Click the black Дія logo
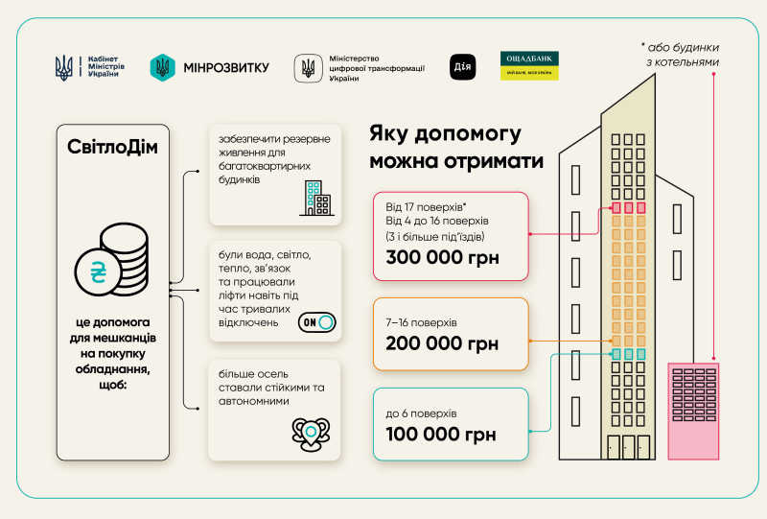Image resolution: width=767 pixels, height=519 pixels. point(462,67)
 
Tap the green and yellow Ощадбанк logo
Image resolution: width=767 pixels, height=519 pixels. point(529,65)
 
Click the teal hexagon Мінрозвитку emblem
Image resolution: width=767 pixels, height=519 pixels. point(162,67)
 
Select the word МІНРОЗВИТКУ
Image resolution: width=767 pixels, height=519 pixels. point(226,67)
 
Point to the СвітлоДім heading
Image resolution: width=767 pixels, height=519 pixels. point(112,147)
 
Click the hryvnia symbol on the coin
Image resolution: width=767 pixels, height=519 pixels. point(99,272)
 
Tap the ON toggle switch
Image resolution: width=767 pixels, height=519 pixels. point(317,322)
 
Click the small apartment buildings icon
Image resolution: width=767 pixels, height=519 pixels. point(317,199)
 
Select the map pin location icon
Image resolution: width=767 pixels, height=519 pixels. point(311,434)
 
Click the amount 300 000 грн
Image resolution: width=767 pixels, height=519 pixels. point(442,257)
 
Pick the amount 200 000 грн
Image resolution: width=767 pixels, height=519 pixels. point(442,343)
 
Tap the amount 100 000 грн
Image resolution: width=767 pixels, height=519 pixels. point(441,435)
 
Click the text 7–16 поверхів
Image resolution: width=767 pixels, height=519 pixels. point(421,322)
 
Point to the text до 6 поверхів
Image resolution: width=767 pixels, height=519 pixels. point(421,413)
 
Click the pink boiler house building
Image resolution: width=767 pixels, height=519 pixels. point(693,412)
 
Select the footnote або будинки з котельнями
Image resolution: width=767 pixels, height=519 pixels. point(680,55)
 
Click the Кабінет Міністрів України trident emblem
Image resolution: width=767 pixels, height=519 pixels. point(63,67)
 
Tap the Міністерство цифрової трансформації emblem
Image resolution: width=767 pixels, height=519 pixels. point(308,68)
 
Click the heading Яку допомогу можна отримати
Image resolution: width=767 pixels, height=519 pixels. point(456,147)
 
